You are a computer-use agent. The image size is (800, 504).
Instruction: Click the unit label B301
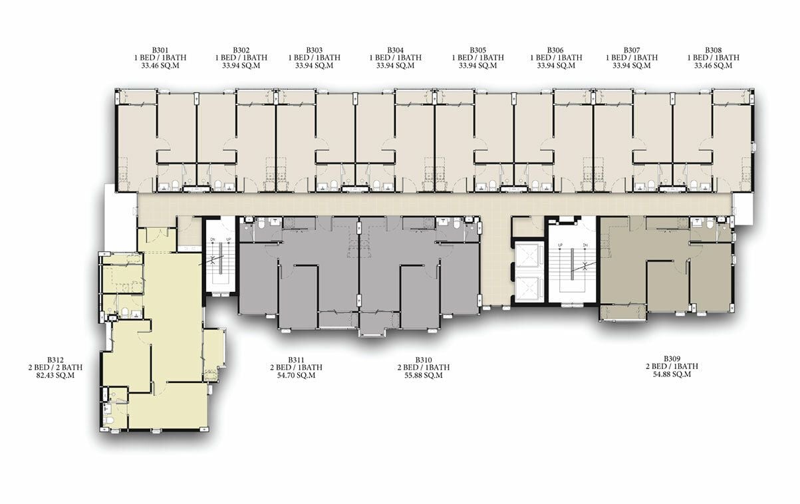click(x=160, y=50)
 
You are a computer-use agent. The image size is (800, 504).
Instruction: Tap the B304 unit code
click(x=396, y=50)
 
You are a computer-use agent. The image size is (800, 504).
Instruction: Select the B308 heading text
click(x=713, y=50)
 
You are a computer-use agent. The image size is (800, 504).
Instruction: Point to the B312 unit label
click(x=55, y=359)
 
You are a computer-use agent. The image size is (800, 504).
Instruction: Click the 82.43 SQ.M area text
click(x=55, y=376)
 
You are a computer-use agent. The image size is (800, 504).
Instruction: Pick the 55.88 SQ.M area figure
click(x=424, y=376)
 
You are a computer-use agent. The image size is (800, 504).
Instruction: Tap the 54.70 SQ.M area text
click(x=296, y=376)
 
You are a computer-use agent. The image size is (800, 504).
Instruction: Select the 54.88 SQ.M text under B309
click(x=672, y=374)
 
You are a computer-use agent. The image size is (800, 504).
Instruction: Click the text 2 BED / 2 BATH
click(x=55, y=367)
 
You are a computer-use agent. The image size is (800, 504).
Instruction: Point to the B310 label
click(x=424, y=359)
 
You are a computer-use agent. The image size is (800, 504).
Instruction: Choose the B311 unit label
click(x=296, y=359)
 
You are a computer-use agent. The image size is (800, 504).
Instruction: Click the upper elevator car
click(x=529, y=256)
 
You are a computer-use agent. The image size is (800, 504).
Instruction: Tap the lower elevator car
click(x=529, y=289)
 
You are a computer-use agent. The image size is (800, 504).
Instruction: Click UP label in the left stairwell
click(x=229, y=239)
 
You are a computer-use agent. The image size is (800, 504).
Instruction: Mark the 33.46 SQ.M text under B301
click(x=160, y=66)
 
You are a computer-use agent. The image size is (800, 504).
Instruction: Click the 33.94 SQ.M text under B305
click(x=477, y=66)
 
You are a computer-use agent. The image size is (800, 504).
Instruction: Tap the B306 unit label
click(x=555, y=50)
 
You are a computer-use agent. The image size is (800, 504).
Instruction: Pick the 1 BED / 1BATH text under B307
click(x=632, y=57)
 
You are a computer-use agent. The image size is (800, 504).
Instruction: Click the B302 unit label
click(x=241, y=50)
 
